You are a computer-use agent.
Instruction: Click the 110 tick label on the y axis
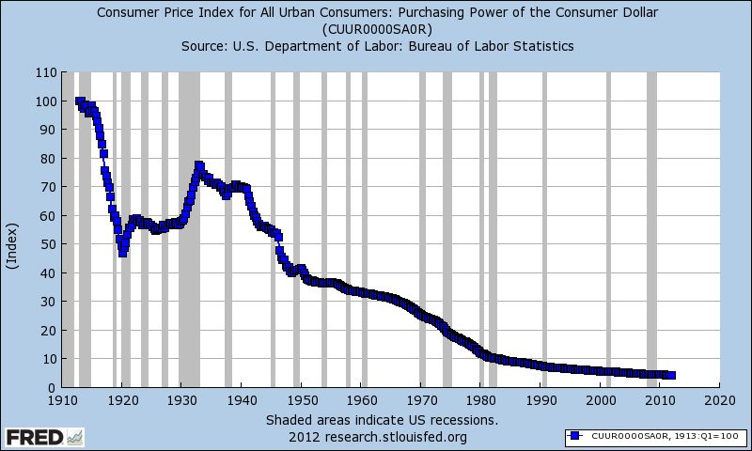click(x=43, y=72)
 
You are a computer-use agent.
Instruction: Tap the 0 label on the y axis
click(x=50, y=387)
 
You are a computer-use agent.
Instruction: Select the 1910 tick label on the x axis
click(x=61, y=399)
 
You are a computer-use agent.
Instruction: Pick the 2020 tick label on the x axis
click(x=719, y=399)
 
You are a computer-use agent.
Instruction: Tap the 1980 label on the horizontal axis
click(x=480, y=399)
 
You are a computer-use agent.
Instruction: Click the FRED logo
click(x=35, y=437)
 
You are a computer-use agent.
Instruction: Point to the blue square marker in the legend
click(x=575, y=436)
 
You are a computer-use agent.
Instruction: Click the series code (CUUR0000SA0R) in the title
click(x=376, y=29)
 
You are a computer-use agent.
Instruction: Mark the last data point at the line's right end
click(x=671, y=375)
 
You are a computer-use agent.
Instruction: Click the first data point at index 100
click(x=79, y=101)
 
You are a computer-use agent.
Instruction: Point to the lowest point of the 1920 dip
click(x=122, y=253)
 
